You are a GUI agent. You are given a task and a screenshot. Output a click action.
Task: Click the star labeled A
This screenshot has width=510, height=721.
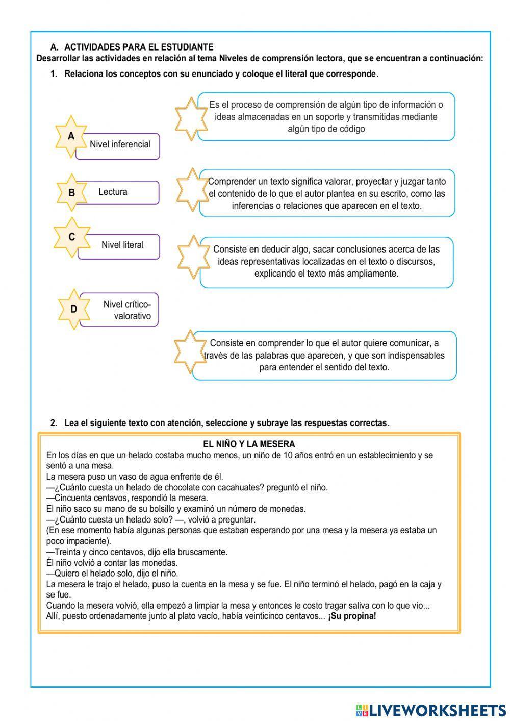pyautogui.click(x=71, y=137)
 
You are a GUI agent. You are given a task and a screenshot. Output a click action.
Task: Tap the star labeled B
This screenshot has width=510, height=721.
pyautogui.click(x=71, y=193)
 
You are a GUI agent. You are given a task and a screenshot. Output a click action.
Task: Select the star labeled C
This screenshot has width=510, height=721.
pyautogui.click(x=72, y=237)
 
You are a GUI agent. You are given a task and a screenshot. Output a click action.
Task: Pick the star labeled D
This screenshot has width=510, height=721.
pyautogui.click(x=74, y=309)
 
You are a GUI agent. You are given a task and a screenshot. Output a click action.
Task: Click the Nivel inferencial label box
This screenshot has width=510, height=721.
pyautogui.click(x=120, y=145)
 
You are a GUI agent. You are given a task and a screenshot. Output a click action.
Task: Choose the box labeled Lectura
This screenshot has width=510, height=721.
pyautogui.click(x=113, y=192)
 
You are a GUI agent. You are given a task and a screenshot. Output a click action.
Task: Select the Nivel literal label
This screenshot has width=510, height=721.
pyautogui.click(x=122, y=245)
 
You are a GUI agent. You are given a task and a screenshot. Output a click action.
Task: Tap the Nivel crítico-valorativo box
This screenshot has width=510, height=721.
pyautogui.click(x=127, y=310)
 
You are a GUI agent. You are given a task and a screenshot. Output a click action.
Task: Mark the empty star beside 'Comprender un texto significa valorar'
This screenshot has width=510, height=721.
pyautogui.click(x=192, y=190)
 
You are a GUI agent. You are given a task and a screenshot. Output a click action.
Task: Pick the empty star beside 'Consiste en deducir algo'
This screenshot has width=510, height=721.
pyautogui.click(x=194, y=257)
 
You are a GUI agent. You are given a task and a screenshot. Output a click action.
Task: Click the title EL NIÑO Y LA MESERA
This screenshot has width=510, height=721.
pyautogui.click(x=249, y=444)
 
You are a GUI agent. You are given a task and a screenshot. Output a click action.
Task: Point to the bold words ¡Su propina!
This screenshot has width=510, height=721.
pyautogui.click(x=352, y=616)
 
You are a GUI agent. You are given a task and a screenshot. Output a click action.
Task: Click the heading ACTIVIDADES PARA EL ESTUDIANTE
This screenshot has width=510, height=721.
pyautogui.click(x=139, y=47)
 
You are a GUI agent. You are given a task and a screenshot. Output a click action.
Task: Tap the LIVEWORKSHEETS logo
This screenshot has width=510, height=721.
pyautogui.click(x=431, y=710)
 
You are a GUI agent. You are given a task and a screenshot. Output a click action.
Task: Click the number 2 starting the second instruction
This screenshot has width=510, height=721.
pyautogui.click(x=53, y=423)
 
